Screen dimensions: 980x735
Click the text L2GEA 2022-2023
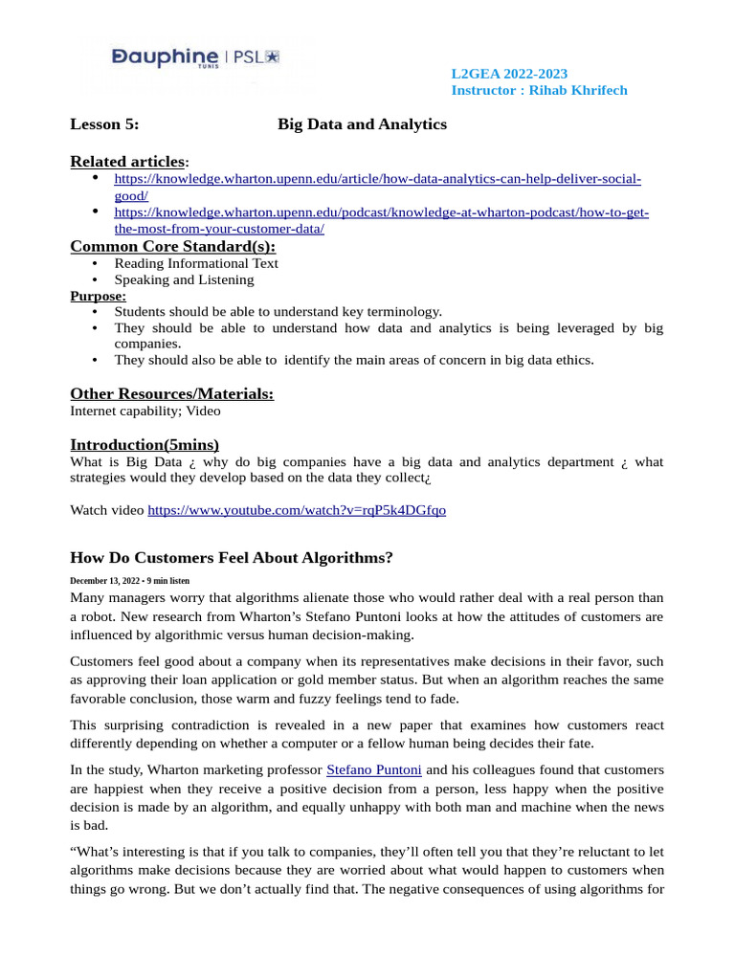tap(509, 74)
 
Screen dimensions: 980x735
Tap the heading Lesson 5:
tap(104, 124)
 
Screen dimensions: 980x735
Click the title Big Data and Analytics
tap(362, 124)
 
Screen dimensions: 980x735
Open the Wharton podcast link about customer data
tap(381, 212)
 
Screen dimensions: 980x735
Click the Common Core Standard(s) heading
tap(172, 246)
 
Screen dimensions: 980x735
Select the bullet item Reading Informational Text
tap(196, 263)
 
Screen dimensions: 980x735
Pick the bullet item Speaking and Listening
tap(184, 279)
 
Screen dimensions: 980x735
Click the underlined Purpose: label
tap(98, 296)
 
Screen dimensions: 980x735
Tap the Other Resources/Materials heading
tap(171, 393)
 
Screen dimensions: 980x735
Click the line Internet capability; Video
tap(145, 411)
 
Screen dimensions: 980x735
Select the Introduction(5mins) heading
tap(145, 444)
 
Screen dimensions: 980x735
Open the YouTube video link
tap(296, 510)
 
